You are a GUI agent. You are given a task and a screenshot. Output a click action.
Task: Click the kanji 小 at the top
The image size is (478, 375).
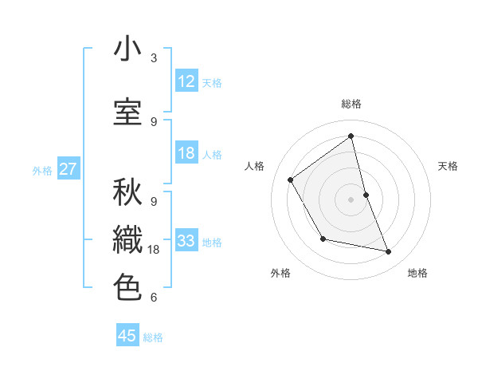[x=127, y=49]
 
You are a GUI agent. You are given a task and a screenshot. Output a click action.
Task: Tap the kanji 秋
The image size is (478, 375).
[x=127, y=191]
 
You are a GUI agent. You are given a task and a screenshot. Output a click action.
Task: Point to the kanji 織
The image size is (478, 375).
[x=127, y=239]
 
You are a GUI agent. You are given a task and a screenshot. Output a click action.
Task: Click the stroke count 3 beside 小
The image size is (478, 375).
[x=154, y=58]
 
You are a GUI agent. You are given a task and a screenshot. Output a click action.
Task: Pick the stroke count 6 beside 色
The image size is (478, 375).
[x=154, y=298]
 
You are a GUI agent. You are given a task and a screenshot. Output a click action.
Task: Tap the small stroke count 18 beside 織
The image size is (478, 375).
[x=155, y=250]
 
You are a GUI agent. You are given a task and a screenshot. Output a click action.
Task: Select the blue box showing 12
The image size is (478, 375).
[x=186, y=81]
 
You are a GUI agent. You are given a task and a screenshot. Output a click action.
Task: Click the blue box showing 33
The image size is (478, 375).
[x=186, y=241]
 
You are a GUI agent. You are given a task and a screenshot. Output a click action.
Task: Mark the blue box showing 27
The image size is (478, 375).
[x=68, y=169]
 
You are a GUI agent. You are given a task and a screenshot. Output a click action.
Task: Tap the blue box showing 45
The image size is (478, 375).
[x=127, y=336]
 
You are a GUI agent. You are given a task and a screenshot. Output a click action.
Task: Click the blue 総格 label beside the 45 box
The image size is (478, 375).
[x=153, y=337]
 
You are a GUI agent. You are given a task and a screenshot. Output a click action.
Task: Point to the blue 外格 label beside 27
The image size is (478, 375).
[x=42, y=170]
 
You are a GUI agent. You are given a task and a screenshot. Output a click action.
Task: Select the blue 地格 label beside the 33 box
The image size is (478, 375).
[x=212, y=243]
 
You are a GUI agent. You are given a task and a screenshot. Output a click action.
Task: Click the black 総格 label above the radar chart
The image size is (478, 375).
[x=351, y=104]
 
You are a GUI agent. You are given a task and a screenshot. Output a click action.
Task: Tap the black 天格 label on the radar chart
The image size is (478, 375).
[x=449, y=166]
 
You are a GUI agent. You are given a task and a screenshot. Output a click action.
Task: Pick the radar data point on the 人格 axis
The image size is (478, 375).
[x=291, y=180]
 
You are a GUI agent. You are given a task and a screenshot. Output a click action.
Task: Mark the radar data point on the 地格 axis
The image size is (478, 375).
[x=389, y=252]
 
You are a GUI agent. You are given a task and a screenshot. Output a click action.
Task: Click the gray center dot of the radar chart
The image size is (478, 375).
[x=351, y=199]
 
